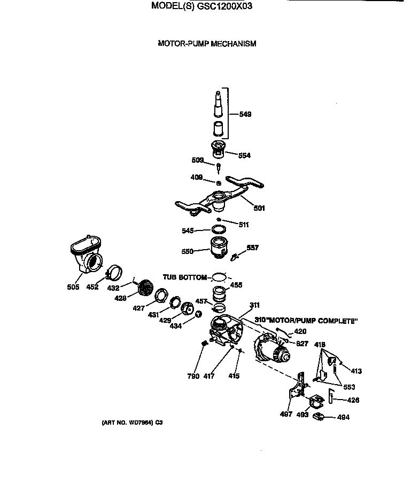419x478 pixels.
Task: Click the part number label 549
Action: point(245,114)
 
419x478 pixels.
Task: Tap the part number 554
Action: point(244,155)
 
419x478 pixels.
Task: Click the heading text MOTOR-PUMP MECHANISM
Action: point(207,44)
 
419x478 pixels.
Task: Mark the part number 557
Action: point(252,248)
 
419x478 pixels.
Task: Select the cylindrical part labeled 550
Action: point(219,248)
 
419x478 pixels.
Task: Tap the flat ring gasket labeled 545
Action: point(219,229)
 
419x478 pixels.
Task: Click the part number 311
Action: point(254,305)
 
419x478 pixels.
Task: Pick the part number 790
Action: point(193,376)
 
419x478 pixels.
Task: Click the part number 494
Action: point(344,417)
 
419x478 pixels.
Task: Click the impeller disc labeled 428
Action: point(145,289)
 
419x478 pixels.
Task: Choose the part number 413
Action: point(356,370)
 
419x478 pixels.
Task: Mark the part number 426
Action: point(353,400)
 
